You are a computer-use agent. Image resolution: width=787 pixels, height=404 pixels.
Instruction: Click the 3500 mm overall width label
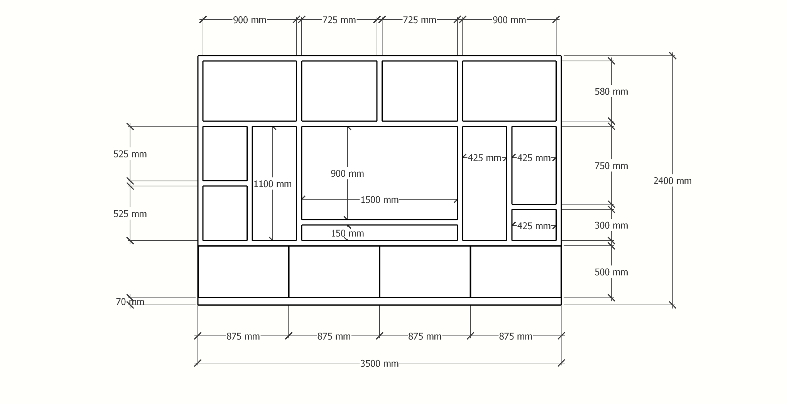coord(379,363)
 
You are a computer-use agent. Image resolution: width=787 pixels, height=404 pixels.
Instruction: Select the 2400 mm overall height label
coord(672,181)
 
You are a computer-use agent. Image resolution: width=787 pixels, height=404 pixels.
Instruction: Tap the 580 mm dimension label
coord(611,91)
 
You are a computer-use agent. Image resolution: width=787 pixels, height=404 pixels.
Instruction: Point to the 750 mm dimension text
coord(611,166)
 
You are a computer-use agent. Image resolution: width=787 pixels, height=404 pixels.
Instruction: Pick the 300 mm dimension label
coord(611,225)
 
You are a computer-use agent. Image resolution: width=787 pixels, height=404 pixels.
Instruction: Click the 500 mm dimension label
coord(611,272)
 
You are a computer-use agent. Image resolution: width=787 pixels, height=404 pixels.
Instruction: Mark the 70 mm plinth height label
coord(130,302)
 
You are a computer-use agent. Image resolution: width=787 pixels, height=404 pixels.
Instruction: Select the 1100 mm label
coord(272,184)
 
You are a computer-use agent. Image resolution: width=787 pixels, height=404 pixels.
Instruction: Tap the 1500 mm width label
coord(379,200)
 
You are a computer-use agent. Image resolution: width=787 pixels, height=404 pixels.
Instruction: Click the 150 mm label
coord(347,233)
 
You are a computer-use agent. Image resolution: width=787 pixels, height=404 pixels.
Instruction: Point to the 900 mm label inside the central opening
coord(347,173)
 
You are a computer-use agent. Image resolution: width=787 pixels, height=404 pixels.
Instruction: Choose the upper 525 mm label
coord(130,154)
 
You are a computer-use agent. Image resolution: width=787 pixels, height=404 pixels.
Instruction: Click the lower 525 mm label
coord(130,214)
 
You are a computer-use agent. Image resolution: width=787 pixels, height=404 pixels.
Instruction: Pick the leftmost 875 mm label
coord(243,336)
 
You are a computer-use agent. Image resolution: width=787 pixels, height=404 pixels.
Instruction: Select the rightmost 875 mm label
coord(515,336)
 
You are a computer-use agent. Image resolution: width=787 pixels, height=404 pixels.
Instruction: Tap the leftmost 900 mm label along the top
coord(250,20)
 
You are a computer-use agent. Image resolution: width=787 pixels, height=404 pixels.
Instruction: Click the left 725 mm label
coord(339,20)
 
